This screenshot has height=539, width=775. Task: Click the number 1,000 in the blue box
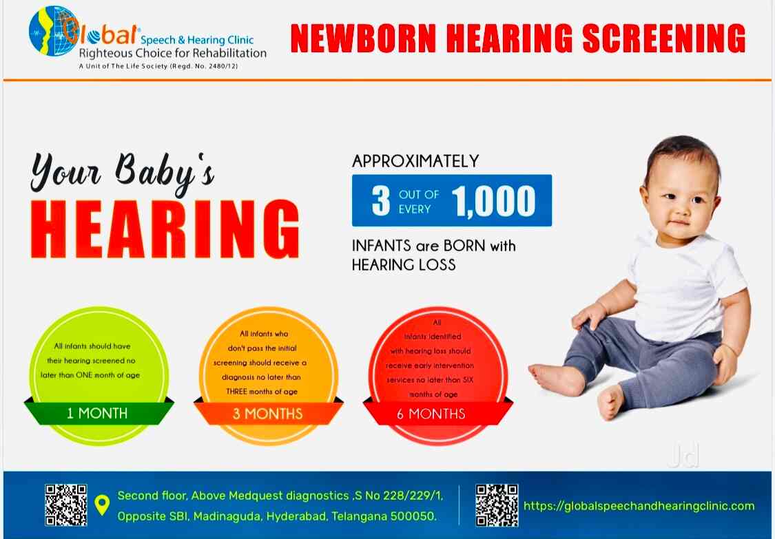493,200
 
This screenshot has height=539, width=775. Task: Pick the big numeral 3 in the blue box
380,200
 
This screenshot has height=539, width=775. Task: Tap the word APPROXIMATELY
415,161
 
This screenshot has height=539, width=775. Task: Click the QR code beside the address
66,505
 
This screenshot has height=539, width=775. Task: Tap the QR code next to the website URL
497,505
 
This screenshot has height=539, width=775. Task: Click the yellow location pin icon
102,505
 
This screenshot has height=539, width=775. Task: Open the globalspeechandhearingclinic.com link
639,506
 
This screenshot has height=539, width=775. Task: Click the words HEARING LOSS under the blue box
404,264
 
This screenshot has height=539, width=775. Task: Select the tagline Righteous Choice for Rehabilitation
172,53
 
